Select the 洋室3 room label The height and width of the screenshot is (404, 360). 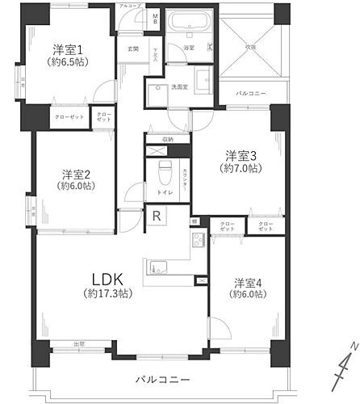[x=241, y=155]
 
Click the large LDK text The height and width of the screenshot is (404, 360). [x=107, y=280]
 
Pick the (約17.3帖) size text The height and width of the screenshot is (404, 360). [x=107, y=296]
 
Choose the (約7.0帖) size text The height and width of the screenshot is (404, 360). [x=241, y=168]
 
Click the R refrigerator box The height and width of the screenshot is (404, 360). [x=156, y=216]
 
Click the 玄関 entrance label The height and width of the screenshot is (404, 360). [x=132, y=48]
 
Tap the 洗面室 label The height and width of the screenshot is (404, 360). [x=178, y=86]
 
